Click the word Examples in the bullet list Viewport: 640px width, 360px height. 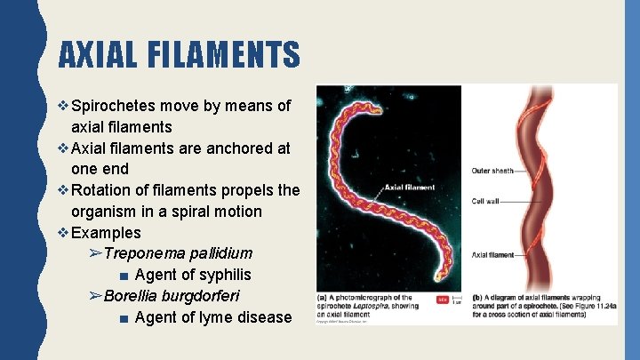tap(106, 233)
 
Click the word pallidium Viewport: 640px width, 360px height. tap(217, 253)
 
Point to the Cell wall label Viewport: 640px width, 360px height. tap(486, 202)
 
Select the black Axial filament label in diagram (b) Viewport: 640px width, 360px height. tap(492, 254)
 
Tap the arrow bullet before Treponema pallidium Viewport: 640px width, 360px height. tap(96, 254)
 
